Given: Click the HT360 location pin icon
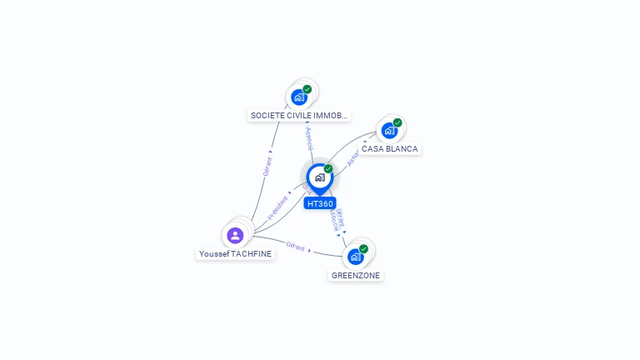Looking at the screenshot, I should click(x=319, y=177).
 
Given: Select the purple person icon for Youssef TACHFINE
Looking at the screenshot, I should click(x=235, y=235).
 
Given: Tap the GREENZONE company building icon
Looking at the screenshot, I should click(x=355, y=256).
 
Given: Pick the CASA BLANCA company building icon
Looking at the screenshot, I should click(x=388, y=131).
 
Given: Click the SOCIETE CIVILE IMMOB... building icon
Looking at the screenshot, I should click(x=299, y=97).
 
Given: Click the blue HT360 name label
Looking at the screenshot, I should click(x=320, y=203).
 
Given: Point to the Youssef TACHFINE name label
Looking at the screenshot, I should click(x=235, y=253).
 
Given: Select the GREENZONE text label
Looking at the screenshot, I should click(x=356, y=275).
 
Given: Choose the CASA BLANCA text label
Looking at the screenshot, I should click(x=390, y=148).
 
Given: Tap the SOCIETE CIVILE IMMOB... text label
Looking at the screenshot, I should click(x=299, y=115).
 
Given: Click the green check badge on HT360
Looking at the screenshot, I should click(x=328, y=169).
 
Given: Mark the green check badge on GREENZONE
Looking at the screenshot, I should click(x=363, y=248).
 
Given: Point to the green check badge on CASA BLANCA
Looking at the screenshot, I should click(x=397, y=122).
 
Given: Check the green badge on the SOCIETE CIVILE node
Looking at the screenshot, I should click(x=307, y=89).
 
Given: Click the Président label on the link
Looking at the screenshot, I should click(x=277, y=207).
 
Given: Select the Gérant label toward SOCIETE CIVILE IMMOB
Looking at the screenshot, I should click(x=267, y=166).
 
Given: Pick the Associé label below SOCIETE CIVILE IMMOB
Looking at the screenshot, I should click(x=309, y=137).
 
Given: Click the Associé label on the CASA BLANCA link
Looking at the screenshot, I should click(x=352, y=160).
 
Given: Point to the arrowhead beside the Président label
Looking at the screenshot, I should click(x=292, y=194).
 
